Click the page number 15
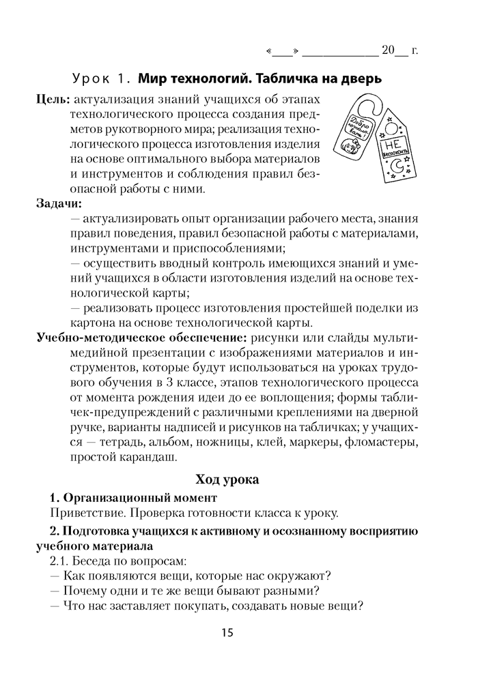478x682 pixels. point(227,633)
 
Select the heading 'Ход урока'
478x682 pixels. point(227,480)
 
